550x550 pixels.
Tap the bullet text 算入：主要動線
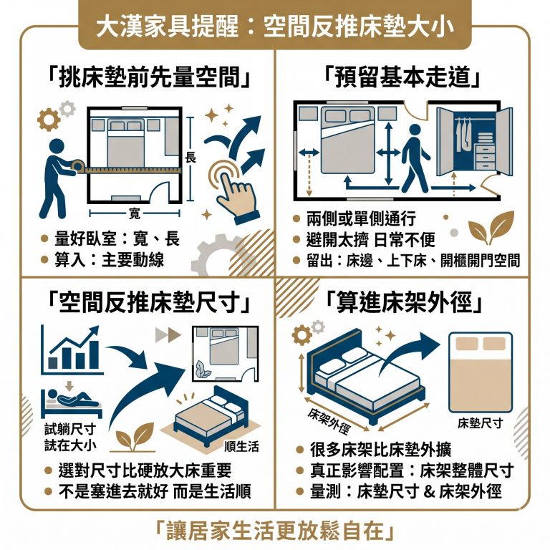[x=111, y=260]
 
